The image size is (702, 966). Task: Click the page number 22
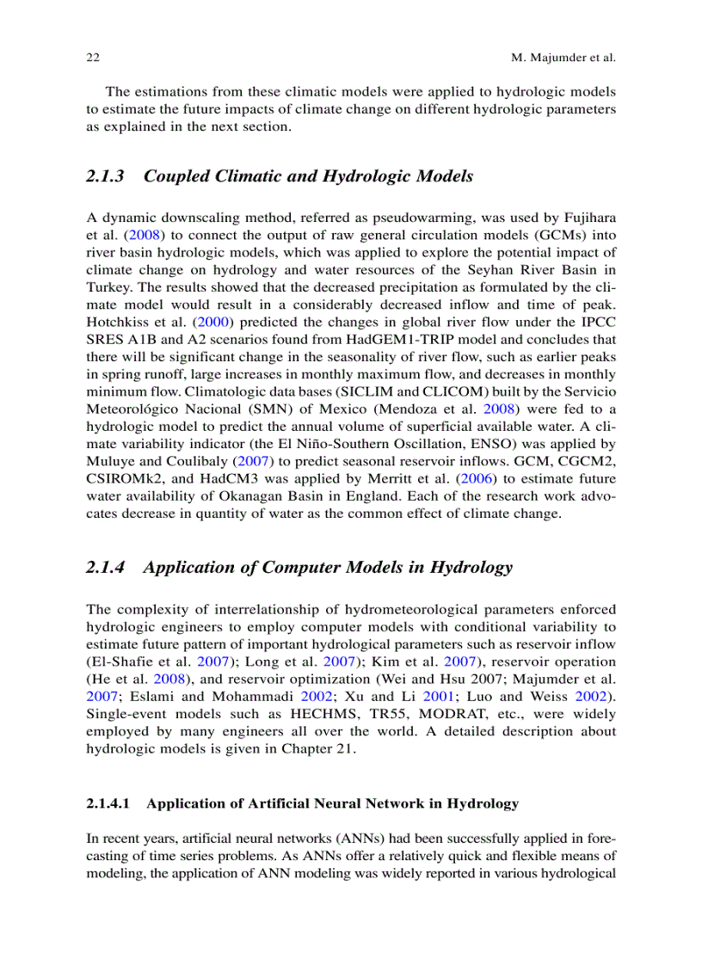[93, 58]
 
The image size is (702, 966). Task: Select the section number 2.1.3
[105, 176]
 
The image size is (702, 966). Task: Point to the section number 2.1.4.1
[108, 803]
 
